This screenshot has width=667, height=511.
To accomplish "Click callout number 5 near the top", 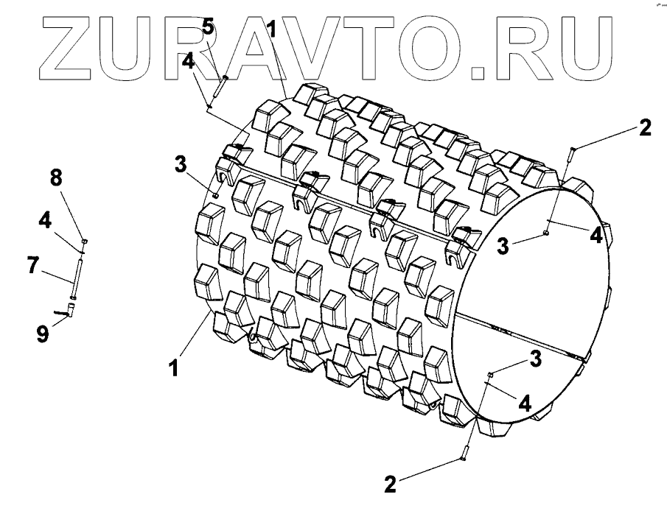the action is click(x=208, y=28).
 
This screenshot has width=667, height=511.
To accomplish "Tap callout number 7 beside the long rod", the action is click(x=33, y=266).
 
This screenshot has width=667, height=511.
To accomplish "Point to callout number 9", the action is click(x=43, y=334).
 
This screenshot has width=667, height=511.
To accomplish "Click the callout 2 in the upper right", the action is click(x=644, y=127).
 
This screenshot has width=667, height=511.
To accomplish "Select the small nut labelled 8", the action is click(x=85, y=241).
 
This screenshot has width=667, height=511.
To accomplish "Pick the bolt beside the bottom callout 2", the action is click(x=467, y=451).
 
